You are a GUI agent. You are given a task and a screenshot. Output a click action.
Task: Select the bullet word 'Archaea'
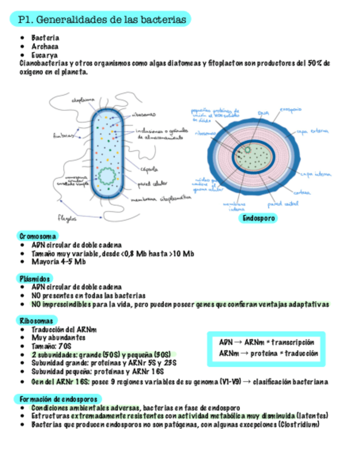pos(46,47)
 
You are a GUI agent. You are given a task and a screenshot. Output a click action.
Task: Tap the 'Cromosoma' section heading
pos(37,236)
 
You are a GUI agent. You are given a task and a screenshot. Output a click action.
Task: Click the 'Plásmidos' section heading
pos(35,278)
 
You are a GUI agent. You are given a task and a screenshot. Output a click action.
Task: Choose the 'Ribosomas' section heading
pos(36,320)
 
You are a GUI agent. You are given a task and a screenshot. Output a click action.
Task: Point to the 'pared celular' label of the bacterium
pos(152,183)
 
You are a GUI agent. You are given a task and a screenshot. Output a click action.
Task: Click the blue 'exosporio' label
pos(290,110)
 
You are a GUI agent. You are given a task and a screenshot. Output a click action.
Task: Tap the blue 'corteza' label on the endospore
pos(301,192)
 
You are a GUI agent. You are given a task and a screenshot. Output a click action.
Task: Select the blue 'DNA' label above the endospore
pos(264,112)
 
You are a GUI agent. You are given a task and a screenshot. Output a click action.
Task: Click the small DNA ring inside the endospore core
pos(248,149)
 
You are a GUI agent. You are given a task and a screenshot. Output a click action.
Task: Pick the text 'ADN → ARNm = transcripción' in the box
pos(266,341)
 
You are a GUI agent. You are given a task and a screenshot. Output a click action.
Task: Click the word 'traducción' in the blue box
pos(301,354)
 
